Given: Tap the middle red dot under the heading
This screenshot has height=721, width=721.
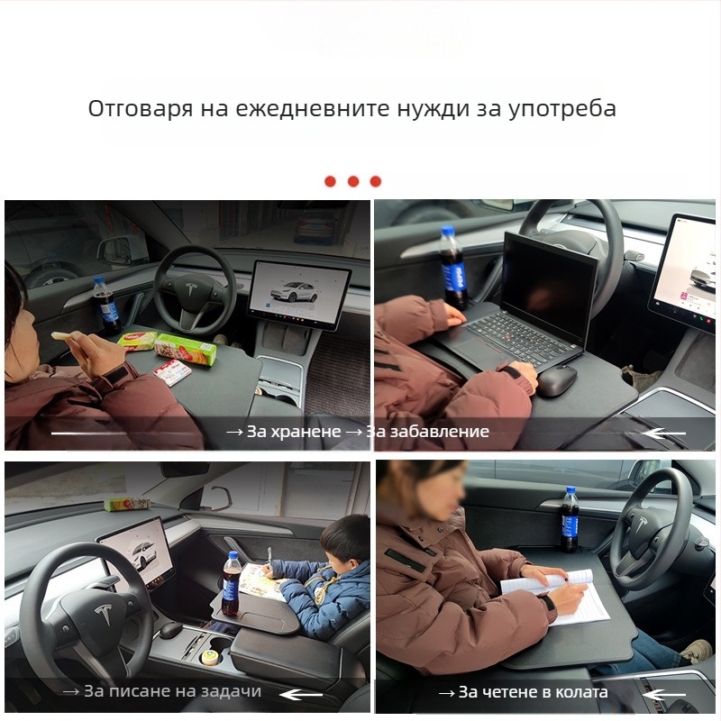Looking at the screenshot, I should pyautogui.click(x=353, y=181).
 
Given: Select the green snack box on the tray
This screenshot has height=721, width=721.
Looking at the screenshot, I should pyautogui.click(x=185, y=349).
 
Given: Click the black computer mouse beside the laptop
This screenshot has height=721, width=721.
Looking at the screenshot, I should pyautogui.click(x=557, y=381).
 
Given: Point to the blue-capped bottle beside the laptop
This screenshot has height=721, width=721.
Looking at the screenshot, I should pyautogui.click(x=452, y=268).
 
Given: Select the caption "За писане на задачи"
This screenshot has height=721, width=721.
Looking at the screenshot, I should pyautogui.click(x=172, y=692).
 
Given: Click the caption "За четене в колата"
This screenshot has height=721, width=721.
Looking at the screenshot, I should pyautogui.click(x=533, y=692).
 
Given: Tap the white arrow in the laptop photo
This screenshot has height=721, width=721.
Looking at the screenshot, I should pyautogui.click(x=667, y=434).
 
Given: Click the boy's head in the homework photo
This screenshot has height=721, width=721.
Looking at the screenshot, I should pyautogui.click(x=346, y=540).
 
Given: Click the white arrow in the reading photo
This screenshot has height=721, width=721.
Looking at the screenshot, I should pyautogui.click(x=668, y=694).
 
